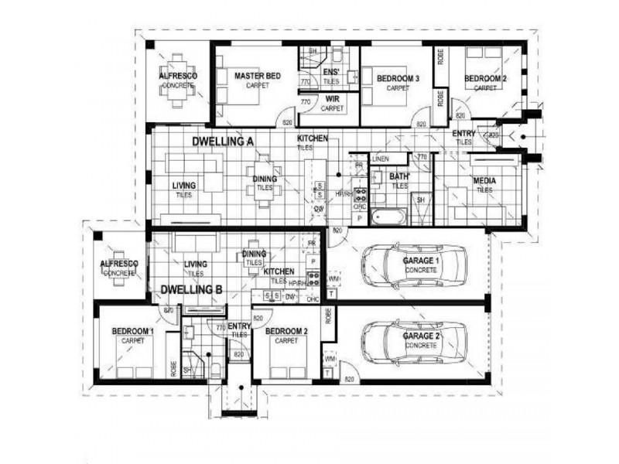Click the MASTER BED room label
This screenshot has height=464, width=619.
258,76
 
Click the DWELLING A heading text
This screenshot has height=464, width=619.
222,142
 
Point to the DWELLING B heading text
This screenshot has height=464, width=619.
192,290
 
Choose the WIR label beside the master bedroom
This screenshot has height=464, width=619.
332,100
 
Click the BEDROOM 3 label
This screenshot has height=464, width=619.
398,79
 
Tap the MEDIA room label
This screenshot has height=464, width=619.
484,182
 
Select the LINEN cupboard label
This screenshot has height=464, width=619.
379,159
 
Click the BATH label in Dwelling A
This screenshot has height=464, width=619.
399,177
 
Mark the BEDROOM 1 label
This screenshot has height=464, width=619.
133,332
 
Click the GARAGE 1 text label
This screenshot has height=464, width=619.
421,262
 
